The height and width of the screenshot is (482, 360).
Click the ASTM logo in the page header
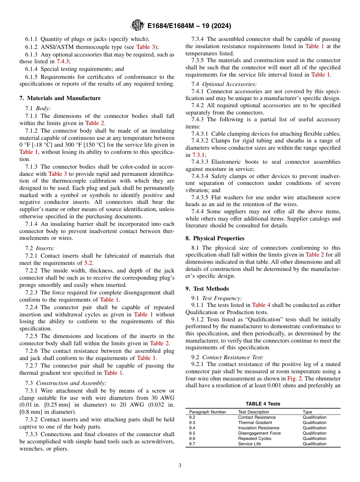[x=137, y=25]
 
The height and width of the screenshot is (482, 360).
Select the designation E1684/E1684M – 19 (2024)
[x=189, y=26]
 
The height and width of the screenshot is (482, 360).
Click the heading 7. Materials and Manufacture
[x=60, y=98]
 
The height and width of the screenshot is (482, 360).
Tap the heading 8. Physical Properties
[x=215, y=238]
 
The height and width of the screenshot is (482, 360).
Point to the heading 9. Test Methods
[x=207, y=289]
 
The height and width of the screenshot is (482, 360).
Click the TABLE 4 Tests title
[x=263, y=404]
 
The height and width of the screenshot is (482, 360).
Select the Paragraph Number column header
[x=207, y=412]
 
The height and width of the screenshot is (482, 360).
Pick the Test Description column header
[x=254, y=412]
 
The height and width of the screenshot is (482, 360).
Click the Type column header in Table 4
[x=307, y=412]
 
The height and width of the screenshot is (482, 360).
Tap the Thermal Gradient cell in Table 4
[x=255, y=423]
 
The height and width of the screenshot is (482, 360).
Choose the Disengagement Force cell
[x=259, y=433]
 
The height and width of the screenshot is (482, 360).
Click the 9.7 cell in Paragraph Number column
[x=192, y=444]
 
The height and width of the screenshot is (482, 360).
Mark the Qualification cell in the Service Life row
[x=314, y=444]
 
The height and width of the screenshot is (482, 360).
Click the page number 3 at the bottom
[x=180, y=466]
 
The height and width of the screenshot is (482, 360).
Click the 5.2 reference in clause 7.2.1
[x=88, y=263]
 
